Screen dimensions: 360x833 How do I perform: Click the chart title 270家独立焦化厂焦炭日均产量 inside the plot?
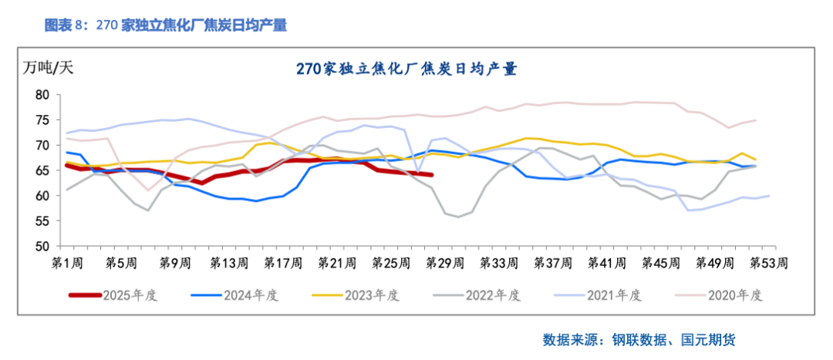406,69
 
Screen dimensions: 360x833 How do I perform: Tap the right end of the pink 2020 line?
754,120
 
